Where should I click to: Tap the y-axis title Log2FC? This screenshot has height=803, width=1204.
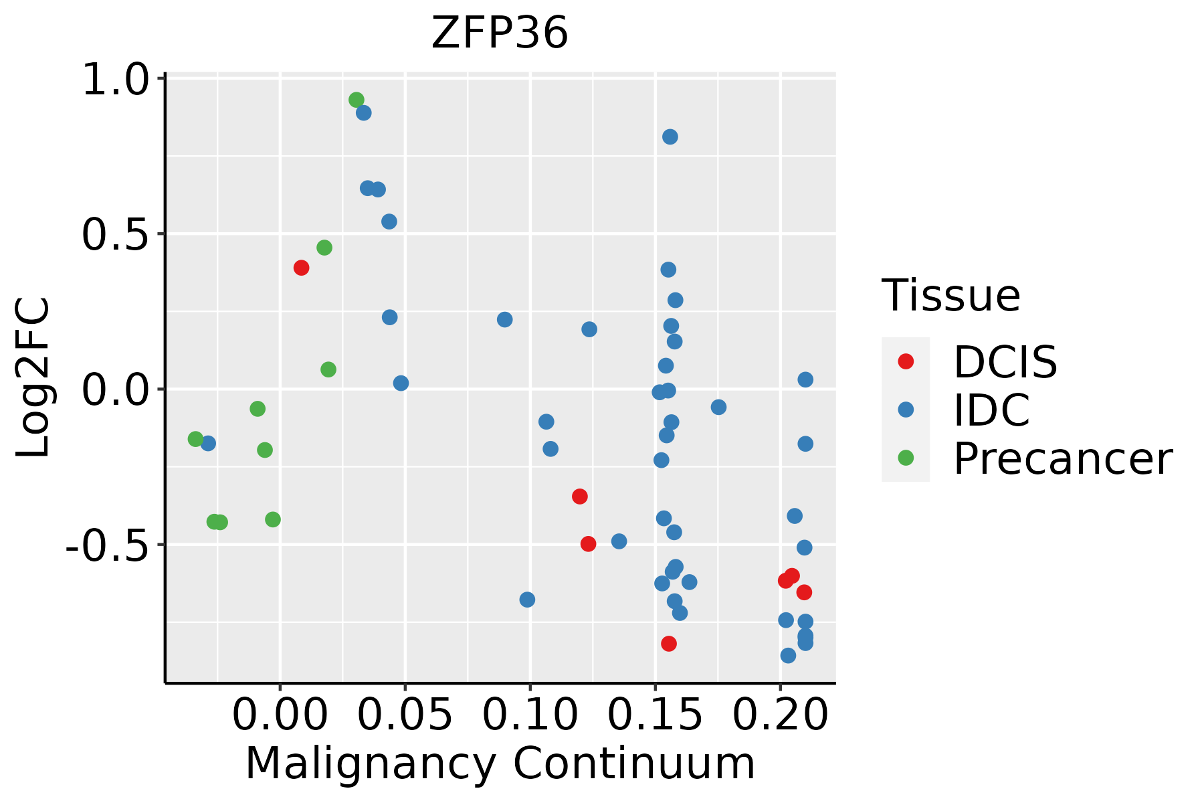coord(33,378)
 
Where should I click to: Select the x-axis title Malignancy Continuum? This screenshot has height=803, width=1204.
coord(500,764)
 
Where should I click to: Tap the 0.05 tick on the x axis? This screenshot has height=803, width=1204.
coord(405,715)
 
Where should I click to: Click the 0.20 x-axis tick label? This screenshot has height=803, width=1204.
coord(780,715)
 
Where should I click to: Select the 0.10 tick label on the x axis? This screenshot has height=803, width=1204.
coord(530,715)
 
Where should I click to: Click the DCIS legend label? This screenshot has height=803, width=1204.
coord(1005,362)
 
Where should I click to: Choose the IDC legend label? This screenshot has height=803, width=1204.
coord(991,410)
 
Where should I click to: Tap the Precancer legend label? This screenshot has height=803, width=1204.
coord(1062,459)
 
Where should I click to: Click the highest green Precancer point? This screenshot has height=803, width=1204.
coord(357,100)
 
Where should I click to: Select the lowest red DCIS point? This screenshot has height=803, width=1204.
coord(668,644)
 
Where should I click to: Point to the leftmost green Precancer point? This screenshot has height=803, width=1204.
coord(195,439)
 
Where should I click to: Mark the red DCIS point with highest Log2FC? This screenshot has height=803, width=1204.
coord(301,268)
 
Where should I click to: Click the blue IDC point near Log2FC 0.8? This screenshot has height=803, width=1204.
coord(670,137)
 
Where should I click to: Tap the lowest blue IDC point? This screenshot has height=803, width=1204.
coord(788,656)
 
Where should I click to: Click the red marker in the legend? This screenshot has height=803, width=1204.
coord(906,361)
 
